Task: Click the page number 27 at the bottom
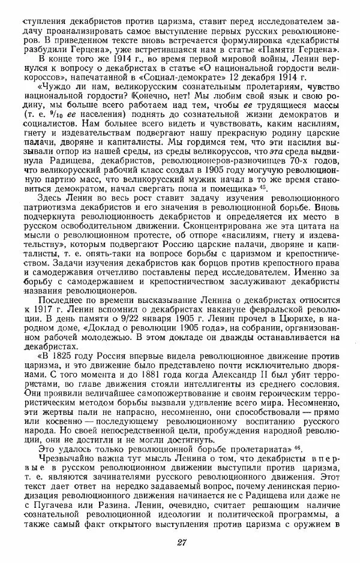[179, 543]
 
